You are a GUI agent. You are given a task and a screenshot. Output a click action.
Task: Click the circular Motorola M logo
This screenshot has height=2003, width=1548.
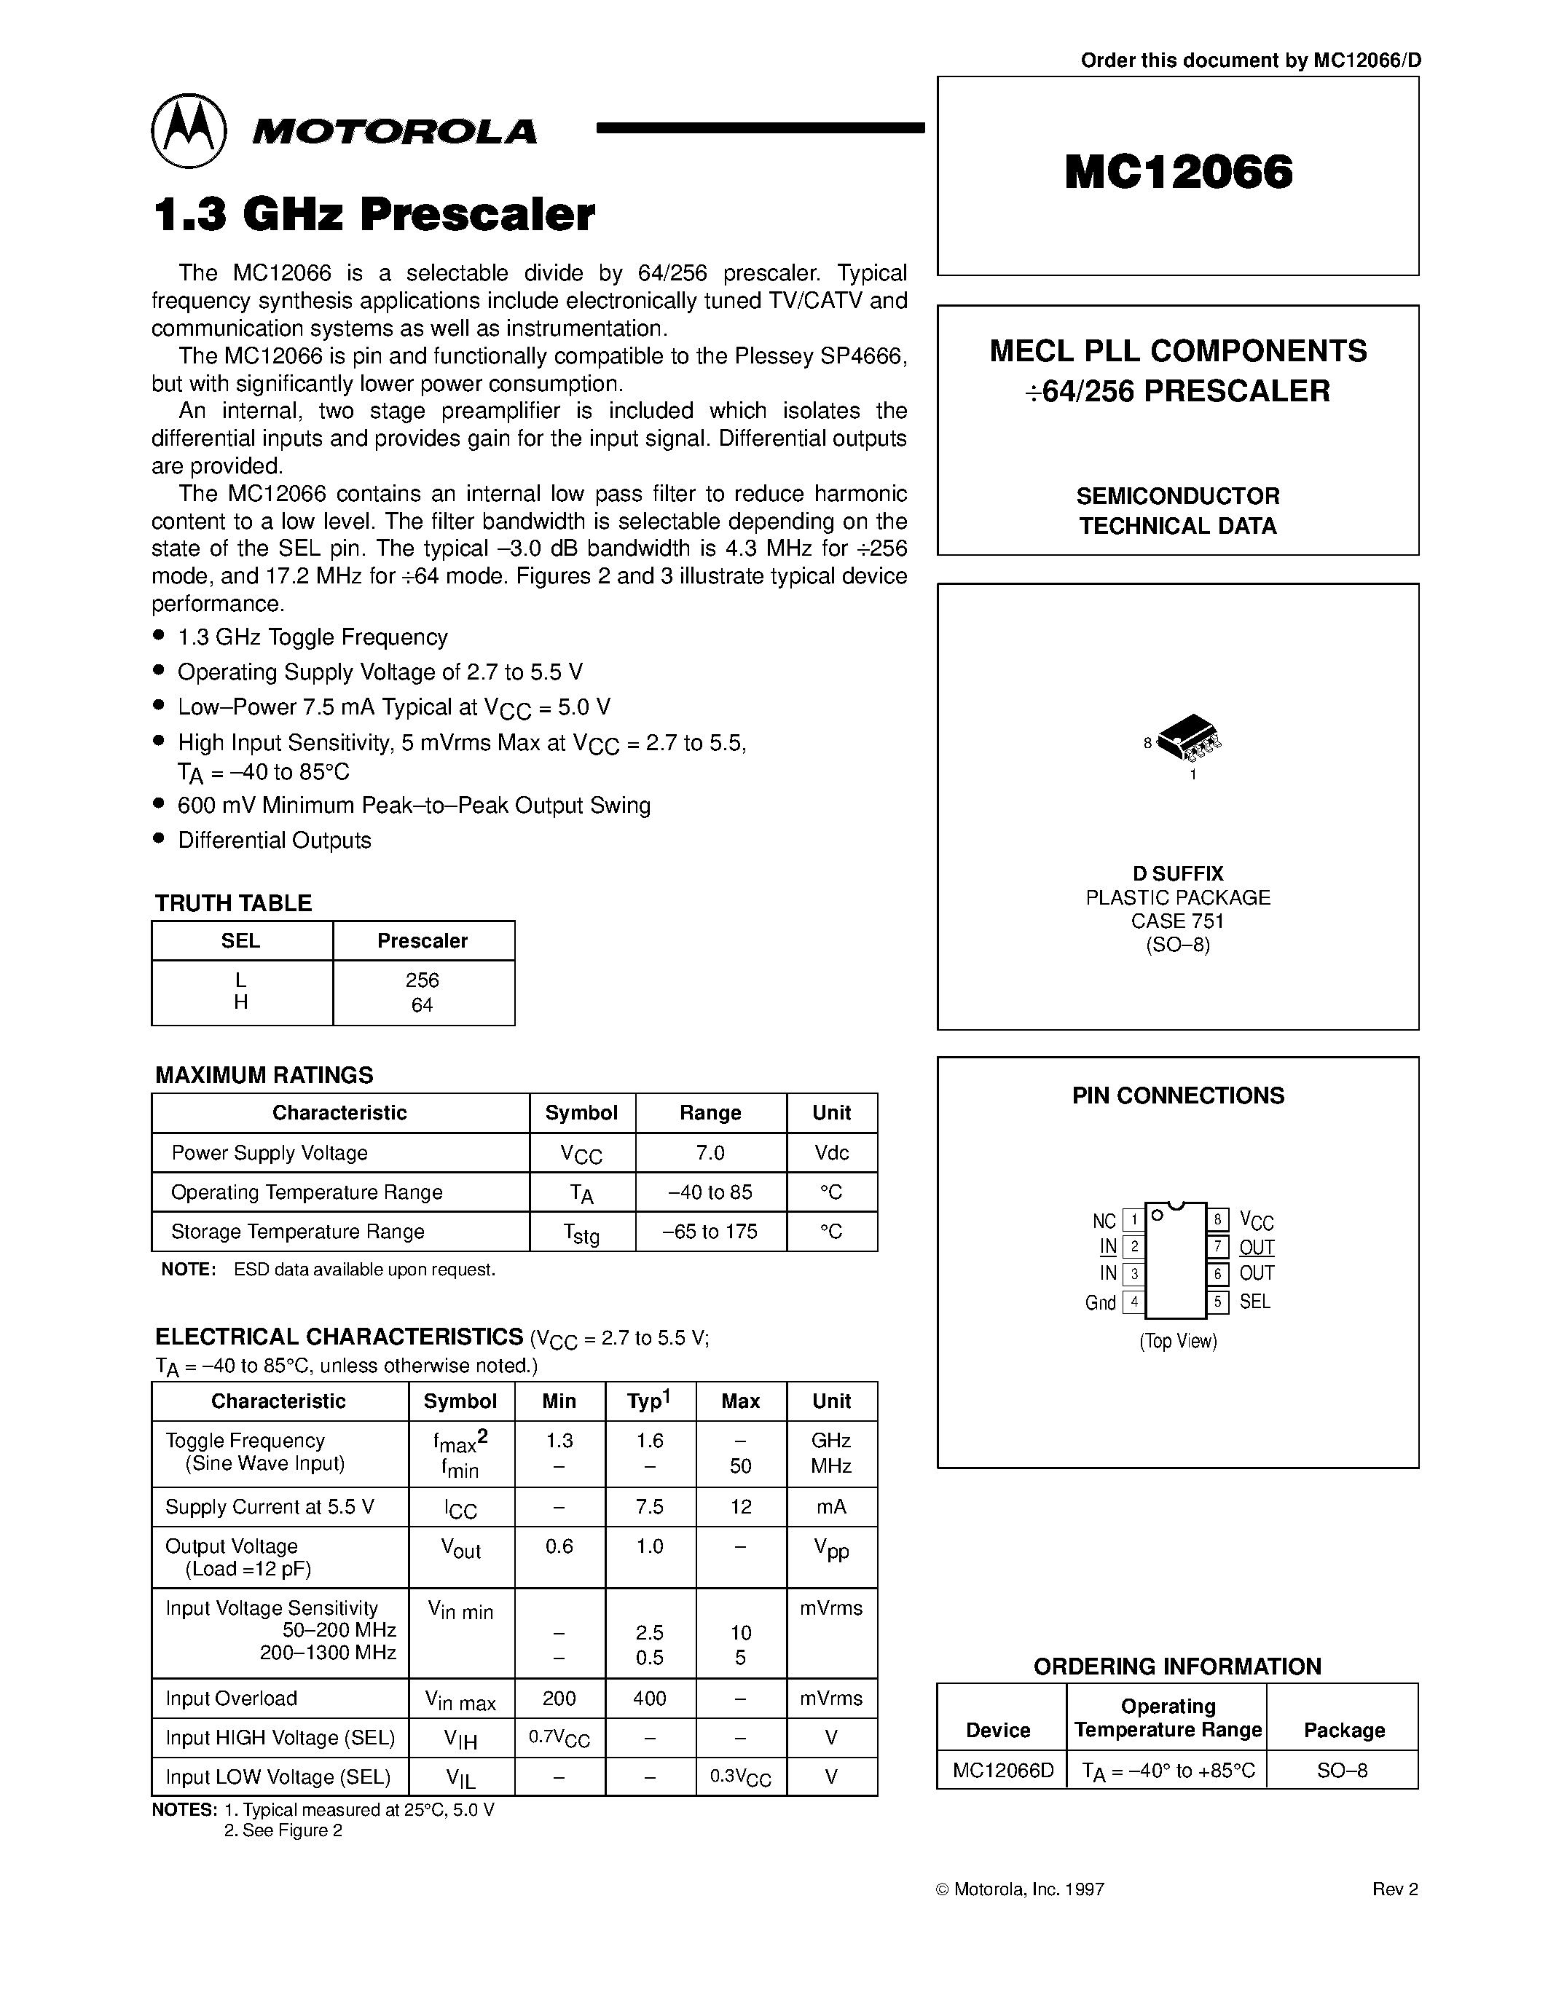point(189,131)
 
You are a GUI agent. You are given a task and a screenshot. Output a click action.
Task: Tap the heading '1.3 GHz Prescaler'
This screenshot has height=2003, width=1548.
point(374,215)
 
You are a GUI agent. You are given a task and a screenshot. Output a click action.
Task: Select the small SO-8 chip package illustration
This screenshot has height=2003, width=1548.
point(1190,737)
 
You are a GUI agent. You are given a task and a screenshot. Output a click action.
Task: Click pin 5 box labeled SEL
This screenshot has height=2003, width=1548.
point(1218,1302)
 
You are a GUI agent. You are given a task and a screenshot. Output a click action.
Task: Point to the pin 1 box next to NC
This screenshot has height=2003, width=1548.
point(1134,1220)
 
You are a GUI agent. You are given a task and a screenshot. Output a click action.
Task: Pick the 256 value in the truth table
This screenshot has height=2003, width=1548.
point(422,980)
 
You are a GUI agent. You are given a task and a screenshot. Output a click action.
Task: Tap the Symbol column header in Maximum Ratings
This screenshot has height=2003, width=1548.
point(581,1112)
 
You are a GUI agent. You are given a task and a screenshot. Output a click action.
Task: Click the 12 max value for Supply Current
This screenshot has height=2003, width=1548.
point(740,1507)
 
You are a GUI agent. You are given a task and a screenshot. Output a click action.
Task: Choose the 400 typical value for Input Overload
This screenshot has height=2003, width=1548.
point(649,1699)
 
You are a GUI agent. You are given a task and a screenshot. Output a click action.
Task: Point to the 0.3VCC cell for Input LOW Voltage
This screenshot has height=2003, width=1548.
point(740,1777)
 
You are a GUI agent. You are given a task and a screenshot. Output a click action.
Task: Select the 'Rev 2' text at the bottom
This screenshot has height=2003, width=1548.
point(1395,1889)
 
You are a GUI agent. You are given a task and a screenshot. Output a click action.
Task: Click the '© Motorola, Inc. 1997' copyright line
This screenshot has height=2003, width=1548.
point(1019,1889)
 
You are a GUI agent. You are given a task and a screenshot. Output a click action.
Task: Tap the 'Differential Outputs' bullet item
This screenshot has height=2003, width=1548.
point(274,840)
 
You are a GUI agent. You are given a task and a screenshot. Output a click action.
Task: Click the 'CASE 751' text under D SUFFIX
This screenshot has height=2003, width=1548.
point(1177,921)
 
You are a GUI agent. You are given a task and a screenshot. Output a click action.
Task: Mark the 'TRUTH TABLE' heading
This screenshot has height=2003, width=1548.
point(233,903)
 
